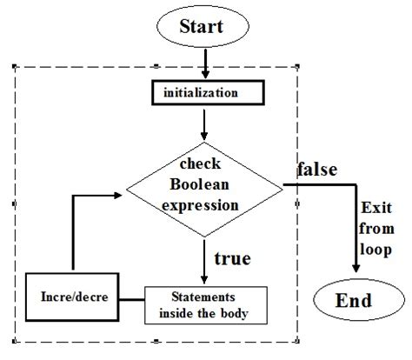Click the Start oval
click(x=202, y=26)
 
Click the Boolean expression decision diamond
click(x=204, y=183)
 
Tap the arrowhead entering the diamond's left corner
click(x=122, y=197)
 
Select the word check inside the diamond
click(x=203, y=165)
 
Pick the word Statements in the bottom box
click(x=205, y=297)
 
